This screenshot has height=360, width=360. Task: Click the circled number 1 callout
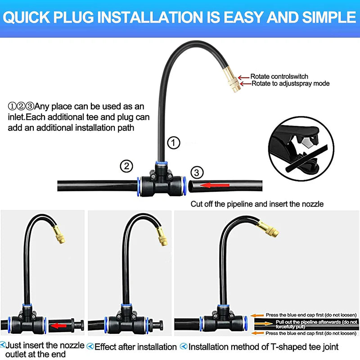[174, 143]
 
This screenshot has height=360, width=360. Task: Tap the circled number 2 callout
[126, 166]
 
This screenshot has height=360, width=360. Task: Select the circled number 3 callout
[197, 172]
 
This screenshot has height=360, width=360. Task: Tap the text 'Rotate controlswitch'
[279, 76]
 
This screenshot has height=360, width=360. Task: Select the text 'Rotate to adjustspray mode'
[290, 83]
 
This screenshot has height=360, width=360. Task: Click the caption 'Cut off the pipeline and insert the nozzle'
[257, 204]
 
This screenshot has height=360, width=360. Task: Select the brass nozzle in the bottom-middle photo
[161, 236]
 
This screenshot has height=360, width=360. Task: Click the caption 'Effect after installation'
[135, 347]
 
